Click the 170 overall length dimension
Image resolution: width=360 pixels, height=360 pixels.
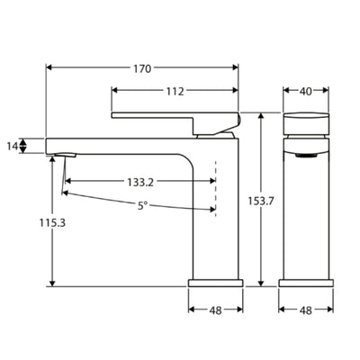(x=142, y=67)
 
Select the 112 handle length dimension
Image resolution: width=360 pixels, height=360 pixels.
(x=175, y=91)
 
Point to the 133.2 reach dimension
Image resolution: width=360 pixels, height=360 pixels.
(x=140, y=182)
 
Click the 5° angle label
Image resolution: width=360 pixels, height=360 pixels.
(x=142, y=205)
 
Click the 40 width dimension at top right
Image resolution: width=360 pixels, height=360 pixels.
(x=306, y=91)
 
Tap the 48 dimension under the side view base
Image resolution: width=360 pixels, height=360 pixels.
(x=215, y=310)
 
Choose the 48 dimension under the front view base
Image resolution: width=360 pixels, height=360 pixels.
(x=306, y=310)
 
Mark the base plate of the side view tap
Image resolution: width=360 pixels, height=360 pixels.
(x=215, y=283)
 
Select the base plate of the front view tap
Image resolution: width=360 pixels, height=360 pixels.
(x=306, y=283)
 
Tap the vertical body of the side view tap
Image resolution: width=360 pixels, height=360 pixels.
(x=216, y=216)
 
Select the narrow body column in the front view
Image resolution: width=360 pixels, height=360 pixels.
(x=306, y=216)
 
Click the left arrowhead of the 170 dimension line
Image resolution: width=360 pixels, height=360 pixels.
(x=49, y=67)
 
